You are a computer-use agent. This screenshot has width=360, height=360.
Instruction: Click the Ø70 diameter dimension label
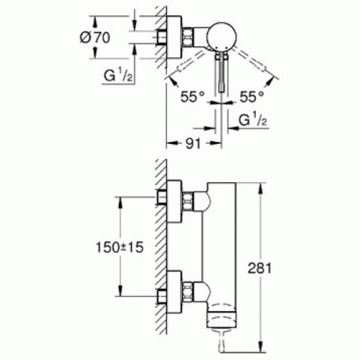[95, 37]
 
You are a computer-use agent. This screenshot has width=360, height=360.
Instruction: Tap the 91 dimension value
[193, 143]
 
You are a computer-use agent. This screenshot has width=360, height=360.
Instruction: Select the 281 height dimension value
[259, 268]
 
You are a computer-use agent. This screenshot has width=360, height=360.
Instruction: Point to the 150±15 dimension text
[120, 247]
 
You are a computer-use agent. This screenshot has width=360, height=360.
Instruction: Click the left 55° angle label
[192, 96]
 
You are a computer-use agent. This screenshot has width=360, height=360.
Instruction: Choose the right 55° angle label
[252, 96]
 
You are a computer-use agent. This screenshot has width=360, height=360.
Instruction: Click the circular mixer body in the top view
[222, 37]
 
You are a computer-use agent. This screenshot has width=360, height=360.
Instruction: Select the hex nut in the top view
[188, 37]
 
